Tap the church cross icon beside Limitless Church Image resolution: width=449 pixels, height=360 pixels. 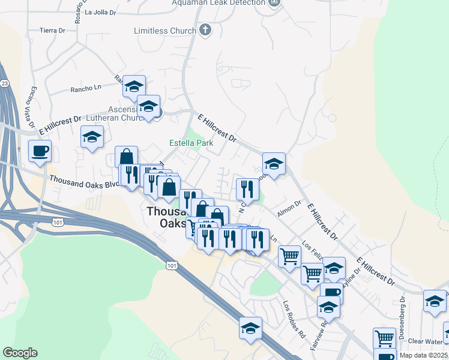(205, 30)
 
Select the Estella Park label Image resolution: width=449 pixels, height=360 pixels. (191, 143)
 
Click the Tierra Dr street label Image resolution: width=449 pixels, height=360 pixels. (52, 30)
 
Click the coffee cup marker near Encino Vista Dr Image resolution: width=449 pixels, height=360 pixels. (40, 151)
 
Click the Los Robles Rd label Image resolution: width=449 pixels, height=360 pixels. (295, 317)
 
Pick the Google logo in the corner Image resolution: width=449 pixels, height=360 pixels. (20, 353)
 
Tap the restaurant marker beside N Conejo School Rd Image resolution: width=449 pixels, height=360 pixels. (247, 189)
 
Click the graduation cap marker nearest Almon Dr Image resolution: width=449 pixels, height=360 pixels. (274, 164)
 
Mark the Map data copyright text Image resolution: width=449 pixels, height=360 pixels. (424, 355)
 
